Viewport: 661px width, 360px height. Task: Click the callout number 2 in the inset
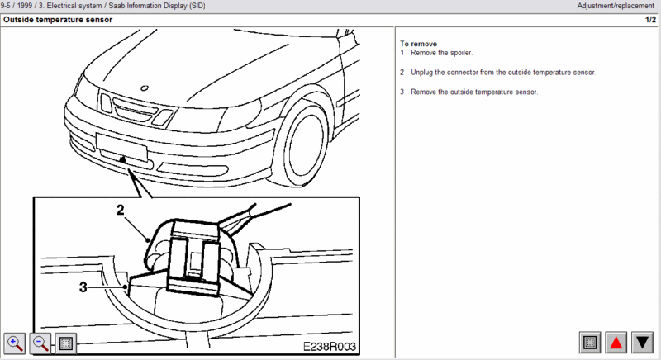click(x=121, y=211)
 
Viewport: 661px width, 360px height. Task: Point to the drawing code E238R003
click(x=329, y=347)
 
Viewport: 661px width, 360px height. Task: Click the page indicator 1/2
click(x=650, y=19)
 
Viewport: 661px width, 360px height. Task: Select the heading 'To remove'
click(x=418, y=43)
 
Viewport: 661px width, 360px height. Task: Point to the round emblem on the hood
click(x=144, y=88)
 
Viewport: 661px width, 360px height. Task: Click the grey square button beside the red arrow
click(x=589, y=341)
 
